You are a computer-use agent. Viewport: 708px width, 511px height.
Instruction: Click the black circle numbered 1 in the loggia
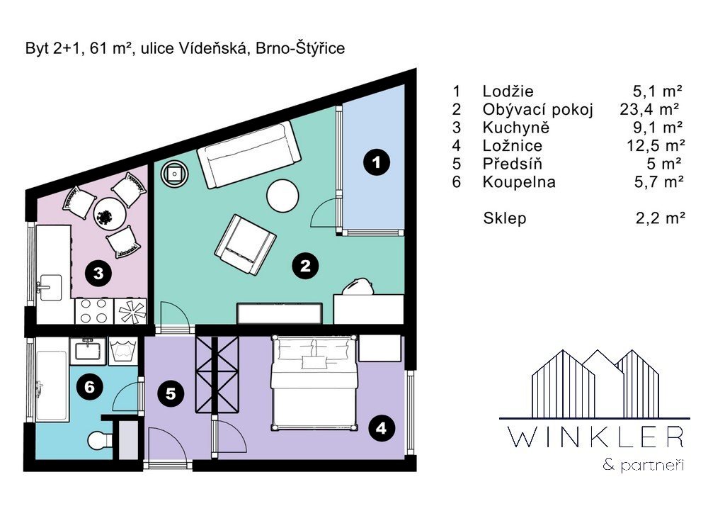tap(377, 162)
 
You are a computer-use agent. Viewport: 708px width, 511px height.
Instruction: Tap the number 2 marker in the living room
tap(305, 266)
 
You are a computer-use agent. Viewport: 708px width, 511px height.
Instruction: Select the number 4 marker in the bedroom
tap(381, 428)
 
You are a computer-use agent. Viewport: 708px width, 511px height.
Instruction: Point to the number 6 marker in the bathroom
tap(89, 387)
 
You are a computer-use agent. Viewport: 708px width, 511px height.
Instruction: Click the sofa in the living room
tap(249, 155)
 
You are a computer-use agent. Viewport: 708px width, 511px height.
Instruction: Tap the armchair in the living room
tap(245, 245)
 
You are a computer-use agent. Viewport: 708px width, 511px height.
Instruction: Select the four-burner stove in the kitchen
tap(94, 311)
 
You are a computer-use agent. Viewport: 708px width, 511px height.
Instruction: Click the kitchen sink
tap(50, 288)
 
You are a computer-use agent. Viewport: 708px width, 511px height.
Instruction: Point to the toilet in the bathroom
tap(100, 441)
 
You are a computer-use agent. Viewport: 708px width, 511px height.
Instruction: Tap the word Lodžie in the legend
tap(508, 91)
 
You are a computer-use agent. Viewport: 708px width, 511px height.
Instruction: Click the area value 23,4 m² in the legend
tap(649, 109)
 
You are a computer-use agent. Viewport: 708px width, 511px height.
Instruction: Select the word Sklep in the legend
tap(504, 218)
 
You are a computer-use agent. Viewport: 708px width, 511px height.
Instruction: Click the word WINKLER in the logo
tap(595, 437)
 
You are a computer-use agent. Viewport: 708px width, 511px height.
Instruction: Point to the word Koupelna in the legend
tap(519, 182)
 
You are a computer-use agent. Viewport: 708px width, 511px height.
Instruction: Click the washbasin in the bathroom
tap(88, 351)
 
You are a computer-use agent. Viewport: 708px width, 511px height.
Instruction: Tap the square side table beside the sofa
tap(175, 173)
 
